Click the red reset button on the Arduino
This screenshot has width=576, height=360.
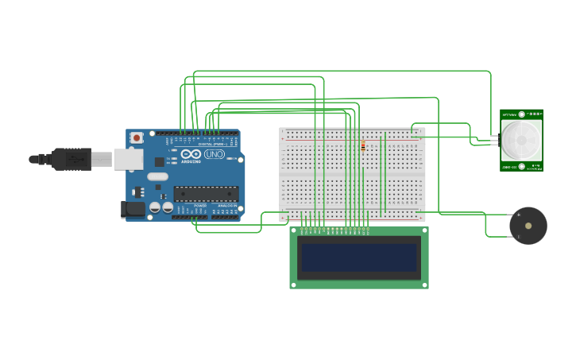pos(137,137)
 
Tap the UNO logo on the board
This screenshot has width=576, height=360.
pos(215,153)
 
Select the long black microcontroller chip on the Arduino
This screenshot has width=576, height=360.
pos(206,193)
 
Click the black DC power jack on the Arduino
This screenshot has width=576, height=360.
pos(133,209)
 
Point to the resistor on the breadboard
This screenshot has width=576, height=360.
pos(363,146)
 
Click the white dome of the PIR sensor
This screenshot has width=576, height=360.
pos(521,139)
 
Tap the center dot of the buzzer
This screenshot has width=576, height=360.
pos(528,226)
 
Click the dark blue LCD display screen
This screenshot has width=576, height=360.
pos(358,257)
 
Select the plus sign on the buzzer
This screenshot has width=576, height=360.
pos(519,215)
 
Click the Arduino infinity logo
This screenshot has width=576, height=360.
pos(191,154)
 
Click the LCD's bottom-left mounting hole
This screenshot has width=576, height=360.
pos(294,284)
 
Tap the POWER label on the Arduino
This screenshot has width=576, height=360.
pos(200,206)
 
